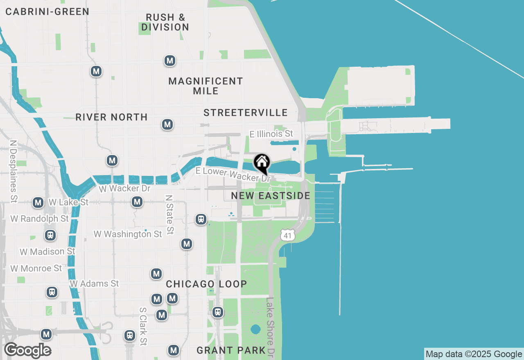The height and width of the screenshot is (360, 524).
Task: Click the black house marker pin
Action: [262, 163]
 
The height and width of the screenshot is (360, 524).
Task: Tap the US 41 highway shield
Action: [288, 235]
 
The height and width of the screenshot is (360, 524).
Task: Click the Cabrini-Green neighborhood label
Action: [47, 11]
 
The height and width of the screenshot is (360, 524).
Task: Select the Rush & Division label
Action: [165, 22]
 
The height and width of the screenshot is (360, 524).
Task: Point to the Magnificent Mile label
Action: [206, 86]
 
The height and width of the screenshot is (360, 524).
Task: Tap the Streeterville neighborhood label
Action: [246, 113]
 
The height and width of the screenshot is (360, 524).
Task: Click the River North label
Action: [111, 117]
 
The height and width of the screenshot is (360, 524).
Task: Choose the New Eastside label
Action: [271, 196]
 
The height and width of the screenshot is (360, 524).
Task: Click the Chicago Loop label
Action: [206, 284]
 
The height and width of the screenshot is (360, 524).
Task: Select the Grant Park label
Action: [231, 351]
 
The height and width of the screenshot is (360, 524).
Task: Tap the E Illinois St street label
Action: [271, 134]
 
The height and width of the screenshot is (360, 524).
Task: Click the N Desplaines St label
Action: [14, 172]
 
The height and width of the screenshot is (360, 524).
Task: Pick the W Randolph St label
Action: [40, 219]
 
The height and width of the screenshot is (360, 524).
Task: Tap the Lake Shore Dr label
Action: [270, 326]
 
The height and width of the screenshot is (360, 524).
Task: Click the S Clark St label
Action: [143, 326]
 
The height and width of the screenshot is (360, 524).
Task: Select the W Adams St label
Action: [94, 283]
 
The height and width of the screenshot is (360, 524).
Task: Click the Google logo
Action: [27, 351]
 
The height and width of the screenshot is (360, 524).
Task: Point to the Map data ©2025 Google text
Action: [474, 354]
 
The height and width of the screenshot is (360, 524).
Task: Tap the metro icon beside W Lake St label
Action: [38, 202]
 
